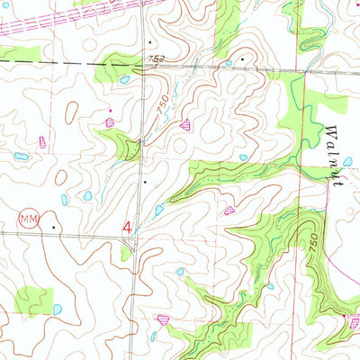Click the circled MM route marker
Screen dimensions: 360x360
pos(29,219)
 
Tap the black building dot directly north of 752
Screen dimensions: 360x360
pos(150,41)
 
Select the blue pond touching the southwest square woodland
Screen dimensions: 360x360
pos(58,309)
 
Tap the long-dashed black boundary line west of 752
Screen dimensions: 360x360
pos(54,62)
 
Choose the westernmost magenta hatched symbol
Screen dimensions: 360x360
pos(42,141)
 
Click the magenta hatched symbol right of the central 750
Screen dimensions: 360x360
pos(185,124)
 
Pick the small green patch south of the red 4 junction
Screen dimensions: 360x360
pos(127,253)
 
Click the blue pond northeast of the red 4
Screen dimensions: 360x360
pos(159,210)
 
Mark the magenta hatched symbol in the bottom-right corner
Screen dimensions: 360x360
pos(355,319)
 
